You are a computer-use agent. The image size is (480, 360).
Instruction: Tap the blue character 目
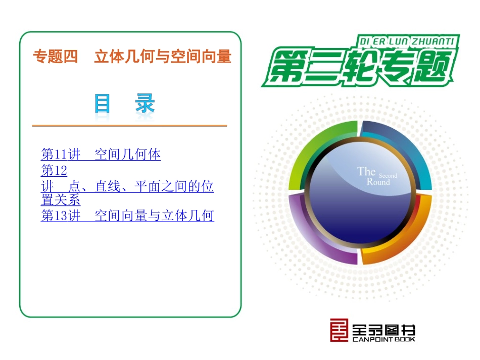point(103,105)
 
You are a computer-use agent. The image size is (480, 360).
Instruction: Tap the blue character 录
point(145,105)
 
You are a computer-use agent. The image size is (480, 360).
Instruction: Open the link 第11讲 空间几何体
point(101,154)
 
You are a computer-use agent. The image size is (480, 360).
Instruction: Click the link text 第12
point(54,170)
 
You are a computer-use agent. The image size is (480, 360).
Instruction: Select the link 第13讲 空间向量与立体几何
point(127,216)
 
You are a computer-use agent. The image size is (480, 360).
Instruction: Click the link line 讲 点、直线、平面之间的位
point(127,187)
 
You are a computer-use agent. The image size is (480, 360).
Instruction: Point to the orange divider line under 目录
point(129,126)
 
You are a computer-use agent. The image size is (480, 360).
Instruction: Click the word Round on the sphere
point(378,182)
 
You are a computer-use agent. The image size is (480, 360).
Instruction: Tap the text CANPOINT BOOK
point(383,339)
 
